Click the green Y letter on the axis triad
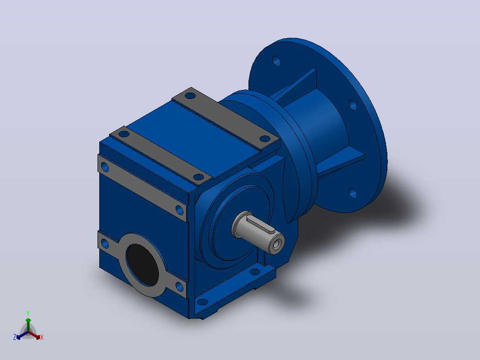[28, 313]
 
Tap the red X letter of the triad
[42, 337]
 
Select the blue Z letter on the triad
[14, 337]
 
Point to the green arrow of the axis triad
[28, 324]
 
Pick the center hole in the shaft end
[277, 244]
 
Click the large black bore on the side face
[142, 265]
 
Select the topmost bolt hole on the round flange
[277, 61]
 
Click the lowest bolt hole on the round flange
[353, 193]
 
